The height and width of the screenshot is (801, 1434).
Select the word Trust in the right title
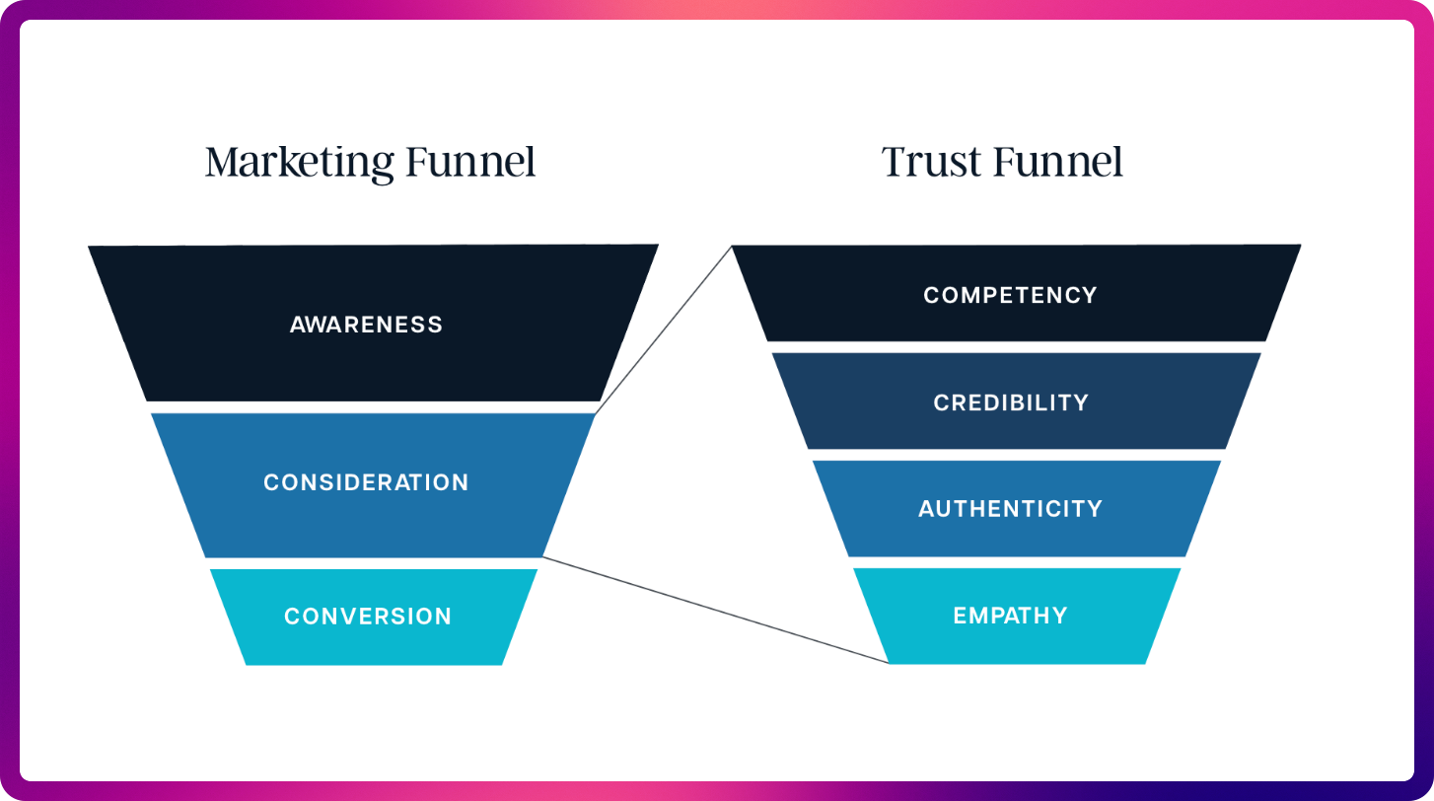pos(931,162)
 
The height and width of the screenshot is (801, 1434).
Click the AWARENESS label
pos(366,325)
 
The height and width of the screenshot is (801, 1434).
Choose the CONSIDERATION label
pos(366,482)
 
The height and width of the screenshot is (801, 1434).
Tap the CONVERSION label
pos(368,617)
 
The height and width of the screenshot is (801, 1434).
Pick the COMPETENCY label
pos(1010,295)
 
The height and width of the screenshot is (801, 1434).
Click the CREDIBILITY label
pos(1011,402)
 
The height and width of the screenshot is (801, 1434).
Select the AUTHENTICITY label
pos(1010,509)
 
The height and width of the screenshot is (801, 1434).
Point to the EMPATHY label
pos(1010,616)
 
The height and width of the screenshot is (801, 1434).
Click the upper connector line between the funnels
pos(663,329)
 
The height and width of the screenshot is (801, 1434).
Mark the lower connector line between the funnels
pos(715,610)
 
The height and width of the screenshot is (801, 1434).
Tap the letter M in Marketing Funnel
pos(223,162)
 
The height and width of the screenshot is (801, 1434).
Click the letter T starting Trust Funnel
pos(894,162)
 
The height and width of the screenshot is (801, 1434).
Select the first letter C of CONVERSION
pos(293,617)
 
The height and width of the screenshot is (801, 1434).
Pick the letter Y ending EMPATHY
pos(1060,616)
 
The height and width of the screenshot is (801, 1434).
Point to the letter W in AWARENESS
pos(321,325)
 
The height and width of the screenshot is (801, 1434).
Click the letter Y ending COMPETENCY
pos(1089,295)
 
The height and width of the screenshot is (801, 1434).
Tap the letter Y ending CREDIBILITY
pos(1081,402)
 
